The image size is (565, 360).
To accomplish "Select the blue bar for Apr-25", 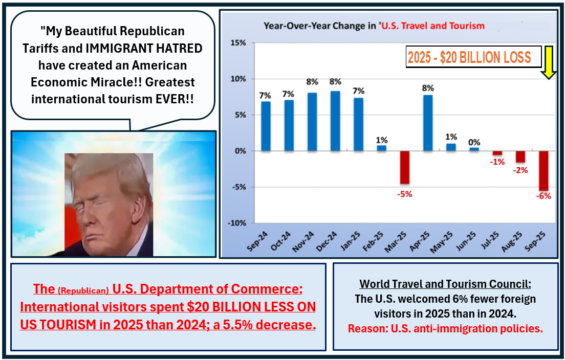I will point(428,123).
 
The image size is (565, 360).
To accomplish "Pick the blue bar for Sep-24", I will point(266,126).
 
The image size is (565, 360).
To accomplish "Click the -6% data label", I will point(544,196).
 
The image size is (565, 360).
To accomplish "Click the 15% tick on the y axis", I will point(237,43).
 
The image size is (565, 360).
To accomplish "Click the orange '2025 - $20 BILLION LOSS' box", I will point(474,57).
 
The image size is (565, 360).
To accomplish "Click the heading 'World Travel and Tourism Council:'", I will point(445,284).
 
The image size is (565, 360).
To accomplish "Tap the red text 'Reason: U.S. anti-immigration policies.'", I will point(445,328).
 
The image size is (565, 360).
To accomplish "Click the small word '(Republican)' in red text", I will point(83,291).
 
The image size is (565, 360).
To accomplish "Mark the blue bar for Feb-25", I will point(382,148).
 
